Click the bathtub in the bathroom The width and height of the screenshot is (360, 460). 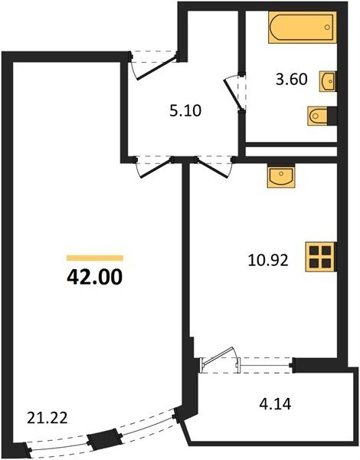(302, 28)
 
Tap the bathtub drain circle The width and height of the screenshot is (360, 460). (327, 28)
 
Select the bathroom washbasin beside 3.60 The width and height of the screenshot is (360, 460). (328, 81)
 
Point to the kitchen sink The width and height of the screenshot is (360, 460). (281, 176)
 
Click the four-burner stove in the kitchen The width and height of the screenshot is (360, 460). (320, 257)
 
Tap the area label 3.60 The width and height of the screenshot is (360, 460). (291, 80)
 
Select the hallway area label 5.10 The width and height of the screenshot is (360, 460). (185, 111)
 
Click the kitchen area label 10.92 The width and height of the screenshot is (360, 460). (268, 260)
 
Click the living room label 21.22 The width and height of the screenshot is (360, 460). (47, 418)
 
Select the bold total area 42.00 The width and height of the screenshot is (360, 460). (94, 277)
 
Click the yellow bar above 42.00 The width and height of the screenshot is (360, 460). (95, 258)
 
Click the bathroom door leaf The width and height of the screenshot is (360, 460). (231, 94)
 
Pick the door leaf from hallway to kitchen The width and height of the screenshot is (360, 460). (212, 168)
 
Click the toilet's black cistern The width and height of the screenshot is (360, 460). (332, 116)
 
